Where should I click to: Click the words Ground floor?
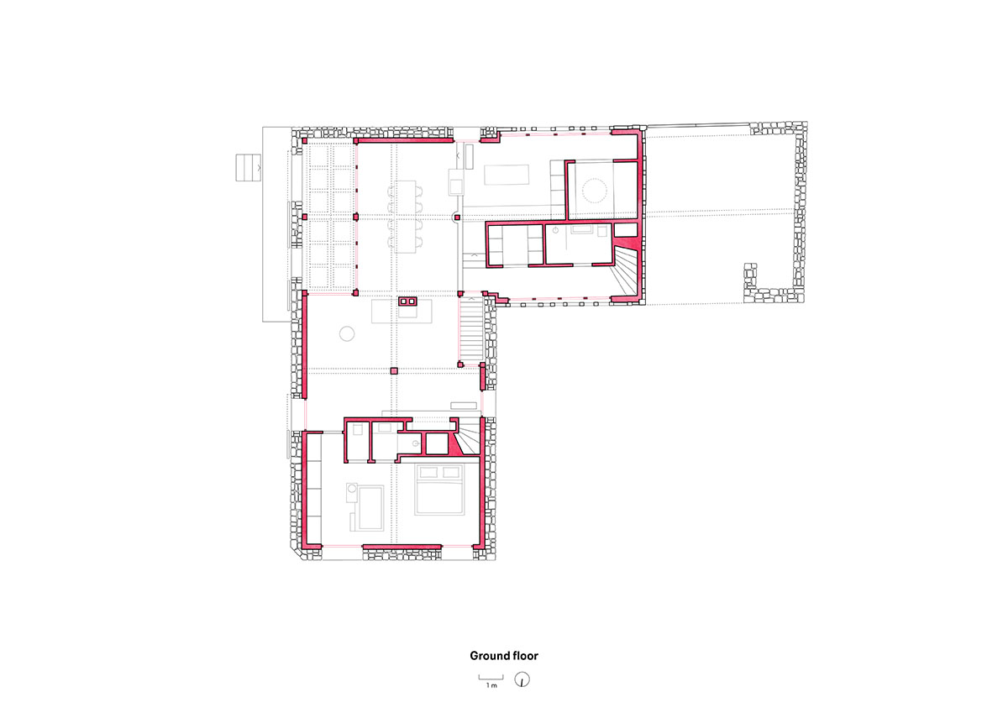(x=503, y=656)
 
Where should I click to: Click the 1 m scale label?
(x=491, y=685)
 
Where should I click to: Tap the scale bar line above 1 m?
(x=491, y=678)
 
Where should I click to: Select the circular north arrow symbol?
(x=522, y=679)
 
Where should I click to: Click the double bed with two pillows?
(x=439, y=490)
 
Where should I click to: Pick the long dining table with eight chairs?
(x=406, y=217)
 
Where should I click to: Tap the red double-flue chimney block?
(x=407, y=301)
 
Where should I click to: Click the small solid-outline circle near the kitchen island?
(x=347, y=333)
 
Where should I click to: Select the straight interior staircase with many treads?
(x=471, y=330)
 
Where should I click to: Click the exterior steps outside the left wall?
(x=249, y=167)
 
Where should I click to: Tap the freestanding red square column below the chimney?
(x=394, y=371)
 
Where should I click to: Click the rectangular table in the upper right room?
(x=507, y=175)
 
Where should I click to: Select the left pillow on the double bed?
(x=428, y=472)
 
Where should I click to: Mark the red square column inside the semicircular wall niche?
(x=457, y=218)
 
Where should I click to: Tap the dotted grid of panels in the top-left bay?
(x=331, y=216)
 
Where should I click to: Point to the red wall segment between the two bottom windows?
(x=402, y=547)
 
